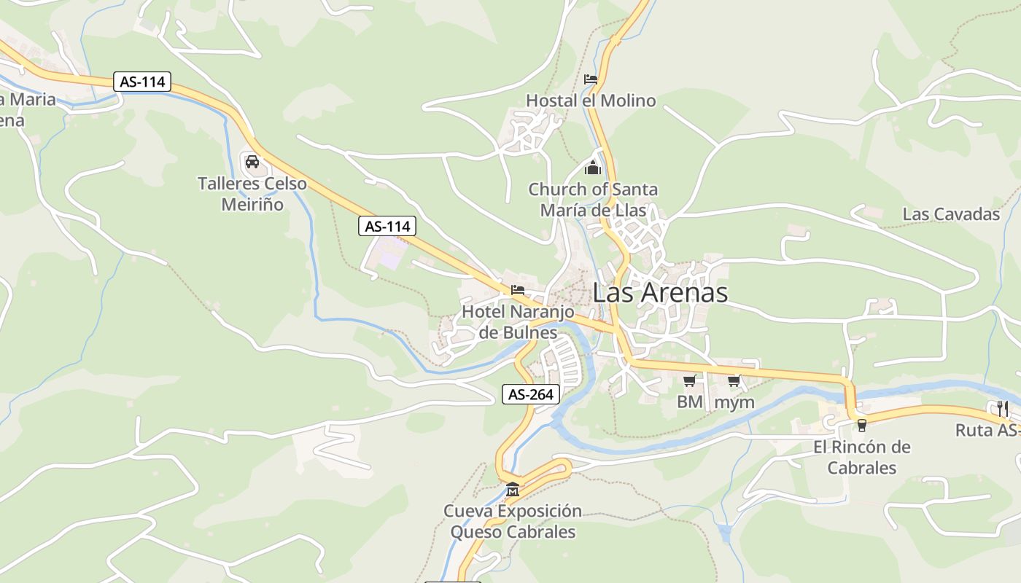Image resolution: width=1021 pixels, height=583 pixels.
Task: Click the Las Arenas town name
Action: pos(660,293)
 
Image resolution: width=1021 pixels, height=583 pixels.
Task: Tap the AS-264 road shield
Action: pos(531,395)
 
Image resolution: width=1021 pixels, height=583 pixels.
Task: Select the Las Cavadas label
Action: pos(951,214)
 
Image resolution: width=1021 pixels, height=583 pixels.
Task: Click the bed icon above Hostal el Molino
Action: pos(591,79)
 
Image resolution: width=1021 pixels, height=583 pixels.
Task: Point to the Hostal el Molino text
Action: pos(591,101)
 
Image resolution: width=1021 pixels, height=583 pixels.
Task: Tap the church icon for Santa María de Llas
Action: pos(593,168)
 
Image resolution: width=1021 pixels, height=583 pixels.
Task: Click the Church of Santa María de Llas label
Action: pos(593,200)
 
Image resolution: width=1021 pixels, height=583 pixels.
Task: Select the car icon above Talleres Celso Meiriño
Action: pos(252,161)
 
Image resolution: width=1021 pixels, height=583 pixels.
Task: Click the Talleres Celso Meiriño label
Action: pos(252,194)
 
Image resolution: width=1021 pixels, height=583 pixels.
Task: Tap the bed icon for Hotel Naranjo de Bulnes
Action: pos(518,290)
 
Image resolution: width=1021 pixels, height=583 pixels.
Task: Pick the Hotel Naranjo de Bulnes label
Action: pos(518,322)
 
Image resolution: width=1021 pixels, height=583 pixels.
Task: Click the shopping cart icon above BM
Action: pos(689,380)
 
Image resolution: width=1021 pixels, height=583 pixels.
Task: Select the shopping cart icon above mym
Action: pos(734,380)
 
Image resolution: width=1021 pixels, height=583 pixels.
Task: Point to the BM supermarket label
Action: pos(689,402)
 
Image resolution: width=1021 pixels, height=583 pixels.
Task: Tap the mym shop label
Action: pos(734,402)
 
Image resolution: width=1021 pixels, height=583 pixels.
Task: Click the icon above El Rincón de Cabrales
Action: pos(861,425)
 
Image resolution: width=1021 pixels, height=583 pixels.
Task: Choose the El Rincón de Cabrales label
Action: pos(861,457)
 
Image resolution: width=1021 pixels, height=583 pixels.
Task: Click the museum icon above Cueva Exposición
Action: pos(513,489)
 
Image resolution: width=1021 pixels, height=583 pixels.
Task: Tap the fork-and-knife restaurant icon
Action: pos(1002,408)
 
